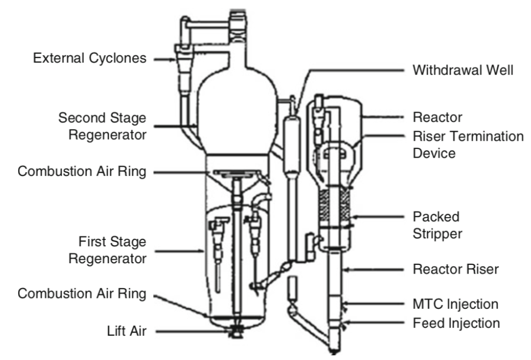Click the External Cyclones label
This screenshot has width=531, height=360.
pos(89,58)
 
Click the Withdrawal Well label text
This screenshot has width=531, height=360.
pos(463,71)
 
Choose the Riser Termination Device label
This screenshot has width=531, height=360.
pos(467,145)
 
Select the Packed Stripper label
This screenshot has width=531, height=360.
pos(437,224)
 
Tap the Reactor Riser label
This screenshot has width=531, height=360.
pos(455,269)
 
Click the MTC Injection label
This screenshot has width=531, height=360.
pos(456,304)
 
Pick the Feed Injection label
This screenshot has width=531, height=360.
pos(456,324)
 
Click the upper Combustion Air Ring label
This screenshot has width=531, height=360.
pos(82,172)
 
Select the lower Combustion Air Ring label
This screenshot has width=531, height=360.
pos(82,294)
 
